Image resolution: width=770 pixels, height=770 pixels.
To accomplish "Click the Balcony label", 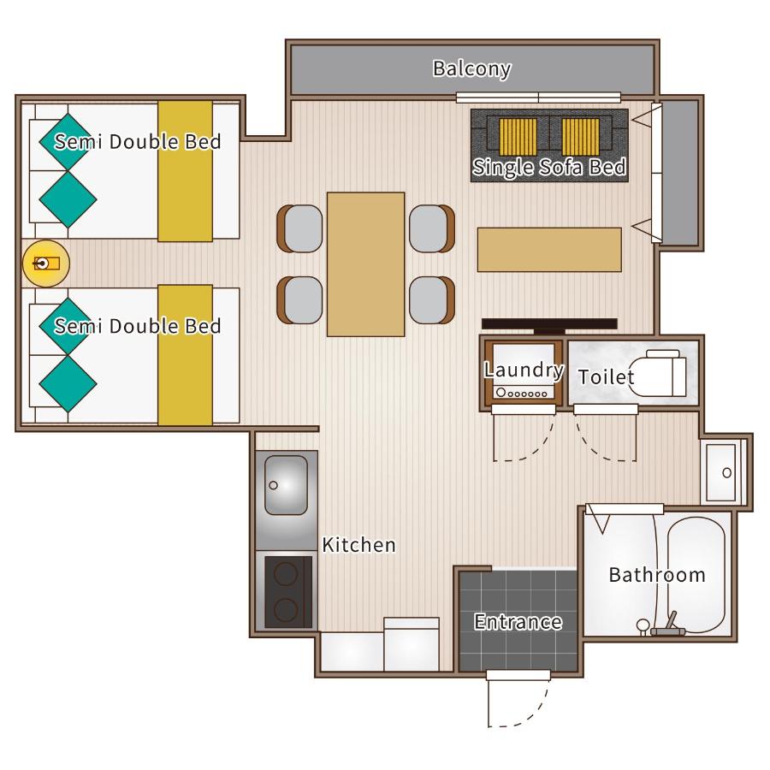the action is tap(471, 68).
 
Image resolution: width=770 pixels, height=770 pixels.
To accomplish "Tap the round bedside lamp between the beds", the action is tap(46, 264).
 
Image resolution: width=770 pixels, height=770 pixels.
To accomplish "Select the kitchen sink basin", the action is tap(287, 485).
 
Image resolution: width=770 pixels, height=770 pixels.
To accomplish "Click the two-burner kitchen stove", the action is tap(288, 592).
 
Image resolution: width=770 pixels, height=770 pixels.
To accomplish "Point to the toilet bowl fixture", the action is tap(658, 374).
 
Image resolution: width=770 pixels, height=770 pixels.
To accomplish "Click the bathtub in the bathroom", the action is tap(696, 575).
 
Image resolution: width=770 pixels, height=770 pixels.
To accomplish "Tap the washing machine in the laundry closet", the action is tap(524, 372).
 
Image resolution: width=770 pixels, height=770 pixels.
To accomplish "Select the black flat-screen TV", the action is tap(549, 325).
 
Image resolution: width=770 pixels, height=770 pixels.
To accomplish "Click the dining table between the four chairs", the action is tap(366, 264).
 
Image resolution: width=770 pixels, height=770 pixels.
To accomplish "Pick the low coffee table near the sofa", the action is tap(549, 250).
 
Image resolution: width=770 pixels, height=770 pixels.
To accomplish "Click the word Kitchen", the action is tap(358, 545).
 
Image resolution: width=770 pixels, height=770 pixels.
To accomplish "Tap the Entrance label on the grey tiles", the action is tap(518, 622).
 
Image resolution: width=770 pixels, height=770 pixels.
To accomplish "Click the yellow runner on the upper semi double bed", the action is tap(185, 171).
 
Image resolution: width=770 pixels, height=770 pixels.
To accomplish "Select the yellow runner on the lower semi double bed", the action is tap(185, 355).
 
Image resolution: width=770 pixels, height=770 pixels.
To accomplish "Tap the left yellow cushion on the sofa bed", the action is tap(518, 137).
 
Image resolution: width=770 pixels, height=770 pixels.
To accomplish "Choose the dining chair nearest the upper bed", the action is tap(300, 228).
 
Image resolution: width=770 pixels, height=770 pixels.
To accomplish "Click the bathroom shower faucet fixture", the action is tap(668, 625).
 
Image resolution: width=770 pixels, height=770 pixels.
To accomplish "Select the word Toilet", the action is tap(607, 377).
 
